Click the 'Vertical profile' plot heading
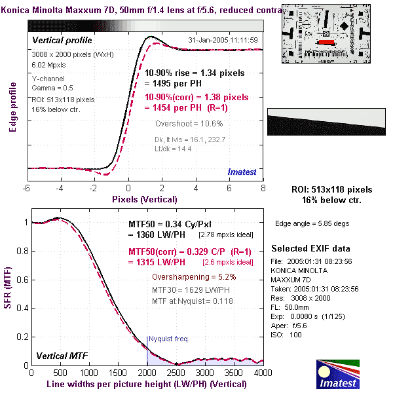[x=63, y=41]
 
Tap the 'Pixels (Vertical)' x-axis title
[x=145, y=198]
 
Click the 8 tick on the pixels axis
[x=263, y=189]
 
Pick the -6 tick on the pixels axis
[x=27, y=189]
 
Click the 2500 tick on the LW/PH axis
[x=174, y=372]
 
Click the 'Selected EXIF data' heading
[x=311, y=249]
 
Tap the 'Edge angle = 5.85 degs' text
[x=312, y=223]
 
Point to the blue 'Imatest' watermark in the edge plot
[x=242, y=171]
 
